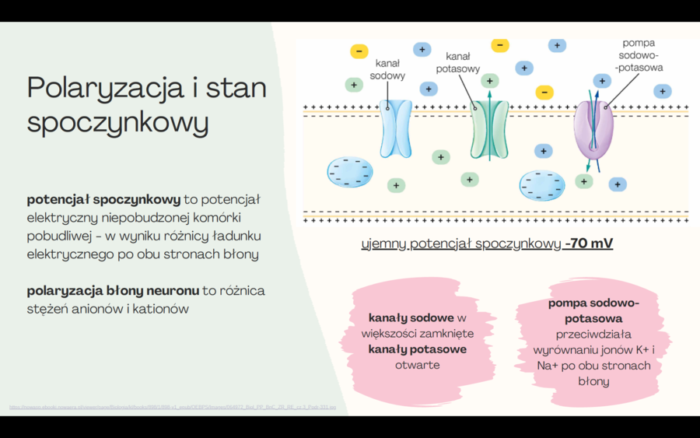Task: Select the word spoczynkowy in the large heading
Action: (117, 122)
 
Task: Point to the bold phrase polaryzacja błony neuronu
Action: (113, 290)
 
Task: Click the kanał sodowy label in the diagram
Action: (387, 69)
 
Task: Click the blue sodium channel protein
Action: (396, 128)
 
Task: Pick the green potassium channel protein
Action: (489, 130)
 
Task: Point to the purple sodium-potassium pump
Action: (593, 130)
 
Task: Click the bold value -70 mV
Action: (589, 244)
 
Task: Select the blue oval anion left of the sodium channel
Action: (349, 172)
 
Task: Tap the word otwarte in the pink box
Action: (417, 365)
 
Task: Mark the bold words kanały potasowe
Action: (417, 349)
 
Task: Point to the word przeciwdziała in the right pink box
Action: (593, 335)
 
